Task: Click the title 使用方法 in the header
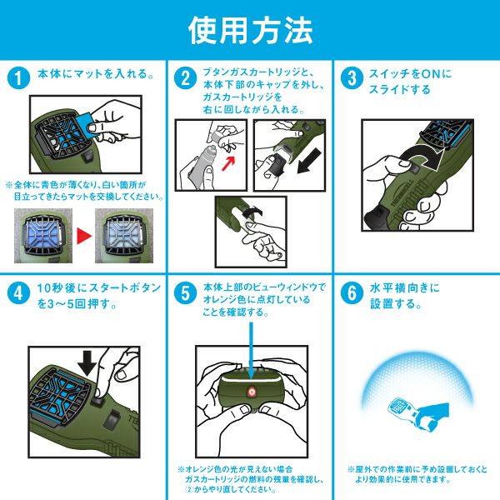point(250,30)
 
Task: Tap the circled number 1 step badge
point(18,78)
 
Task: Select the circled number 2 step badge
point(185,78)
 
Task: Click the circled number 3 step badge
point(352,78)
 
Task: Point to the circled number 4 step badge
point(18,292)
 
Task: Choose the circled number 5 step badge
point(185,292)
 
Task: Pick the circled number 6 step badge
point(352,292)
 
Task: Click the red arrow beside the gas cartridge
point(228,162)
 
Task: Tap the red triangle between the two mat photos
point(83,236)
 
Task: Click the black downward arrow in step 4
point(87,363)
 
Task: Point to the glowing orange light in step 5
point(251,392)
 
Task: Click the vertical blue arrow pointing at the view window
point(251,351)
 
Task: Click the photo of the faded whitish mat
point(124,236)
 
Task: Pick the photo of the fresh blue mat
point(43,236)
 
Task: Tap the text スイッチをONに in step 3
point(410,74)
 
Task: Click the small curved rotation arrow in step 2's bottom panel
point(252,211)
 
